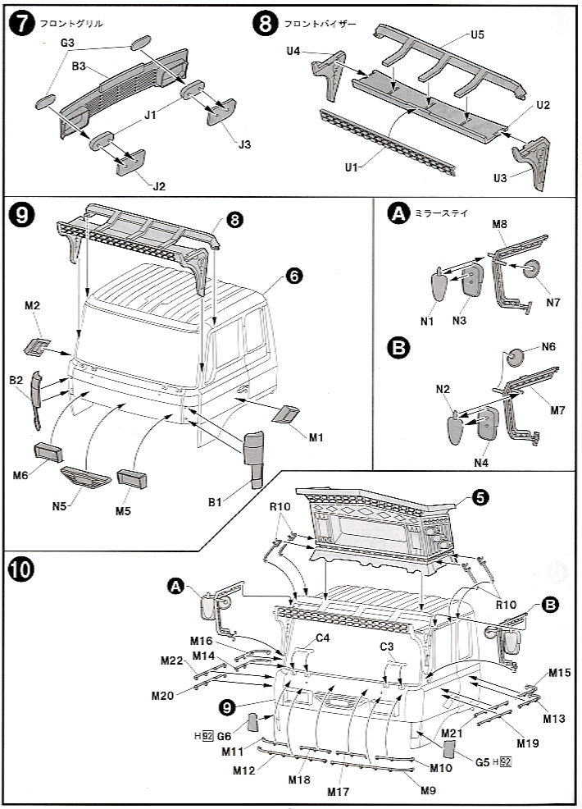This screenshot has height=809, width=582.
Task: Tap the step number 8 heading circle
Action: (x=266, y=25)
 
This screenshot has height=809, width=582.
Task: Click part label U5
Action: (x=478, y=35)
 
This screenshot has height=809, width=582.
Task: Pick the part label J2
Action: (x=158, y=186)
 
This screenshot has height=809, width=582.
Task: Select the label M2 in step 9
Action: (x=33, y=306)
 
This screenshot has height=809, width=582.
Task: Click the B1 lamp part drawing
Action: (x=254, y=458)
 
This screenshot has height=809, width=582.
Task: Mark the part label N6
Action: (x=548, y=347)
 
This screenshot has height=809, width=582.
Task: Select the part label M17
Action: (x=338, y=793)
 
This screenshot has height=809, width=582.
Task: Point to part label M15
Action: (x=559, y=673)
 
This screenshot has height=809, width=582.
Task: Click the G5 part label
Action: (x=483, y=761)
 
